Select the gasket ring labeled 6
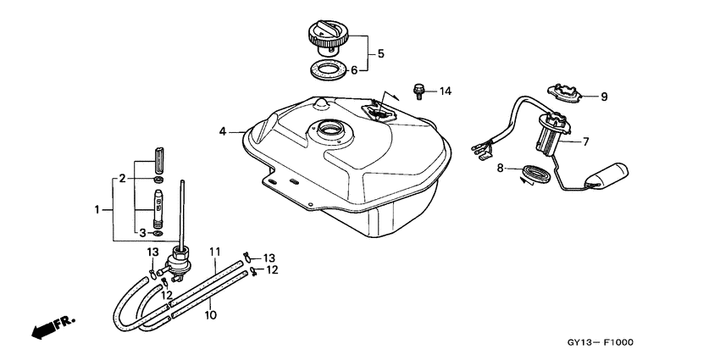327,71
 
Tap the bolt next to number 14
418,91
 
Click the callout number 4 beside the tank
223,132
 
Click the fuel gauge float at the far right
607,175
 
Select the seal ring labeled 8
535,175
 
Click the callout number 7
585,142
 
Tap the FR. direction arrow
53,327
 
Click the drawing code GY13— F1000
601,342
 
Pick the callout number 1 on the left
97,210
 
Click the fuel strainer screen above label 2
158,159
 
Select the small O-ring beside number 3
158,234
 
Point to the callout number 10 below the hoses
211,315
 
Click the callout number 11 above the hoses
215,252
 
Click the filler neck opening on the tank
330,128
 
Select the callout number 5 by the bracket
380,53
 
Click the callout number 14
446,91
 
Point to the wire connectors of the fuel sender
482,150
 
